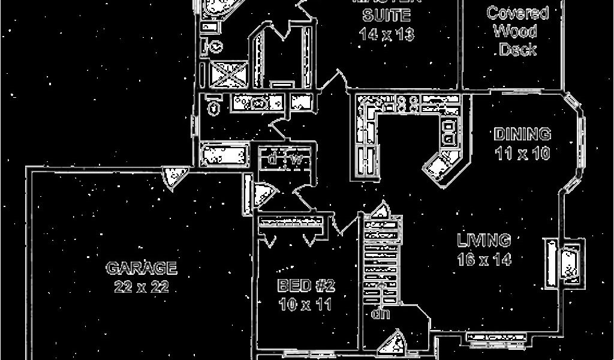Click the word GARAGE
(x=142, y=268)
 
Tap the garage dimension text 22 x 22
(x=142, y=287)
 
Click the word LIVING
(x=484, y=241)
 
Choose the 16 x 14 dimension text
(x=484, y=260)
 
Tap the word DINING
(x=523, y=134)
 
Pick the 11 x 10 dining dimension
(x=523, y=153)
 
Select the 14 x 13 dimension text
(x=387, y=34)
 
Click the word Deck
(x=517, y=50)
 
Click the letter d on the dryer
(x=273, y=160)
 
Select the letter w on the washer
(x=296, y=160)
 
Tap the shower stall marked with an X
(x=226, y=75)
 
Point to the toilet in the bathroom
(x=213, y=107)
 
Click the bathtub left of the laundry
(x=224, y=156)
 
